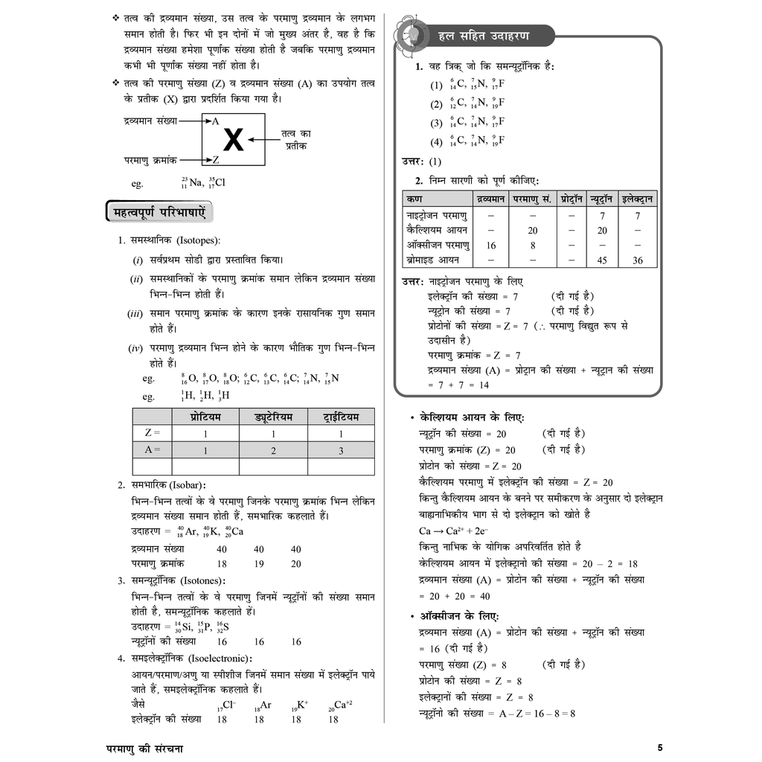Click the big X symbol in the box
(x=233, y=140)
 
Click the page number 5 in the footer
(x=660, y=747)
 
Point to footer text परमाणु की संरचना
(x=144, y=748)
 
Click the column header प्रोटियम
(x=205, y=417)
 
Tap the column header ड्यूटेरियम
(x=272, y=417)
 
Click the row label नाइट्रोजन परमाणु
(x=438, y=215)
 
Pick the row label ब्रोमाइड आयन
(x=433, y=260)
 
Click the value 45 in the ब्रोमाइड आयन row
(x=601, y=260)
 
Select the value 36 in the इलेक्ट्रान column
(x=638, y=260)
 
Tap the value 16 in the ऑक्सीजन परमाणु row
(x=491, y=245)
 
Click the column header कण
(x=413, y=199)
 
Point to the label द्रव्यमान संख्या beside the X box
(x=151, y=120)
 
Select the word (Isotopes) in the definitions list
(x=196, y=240)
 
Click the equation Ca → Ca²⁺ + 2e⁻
(x=453, y=531)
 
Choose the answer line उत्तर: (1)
(x=421, y=161)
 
